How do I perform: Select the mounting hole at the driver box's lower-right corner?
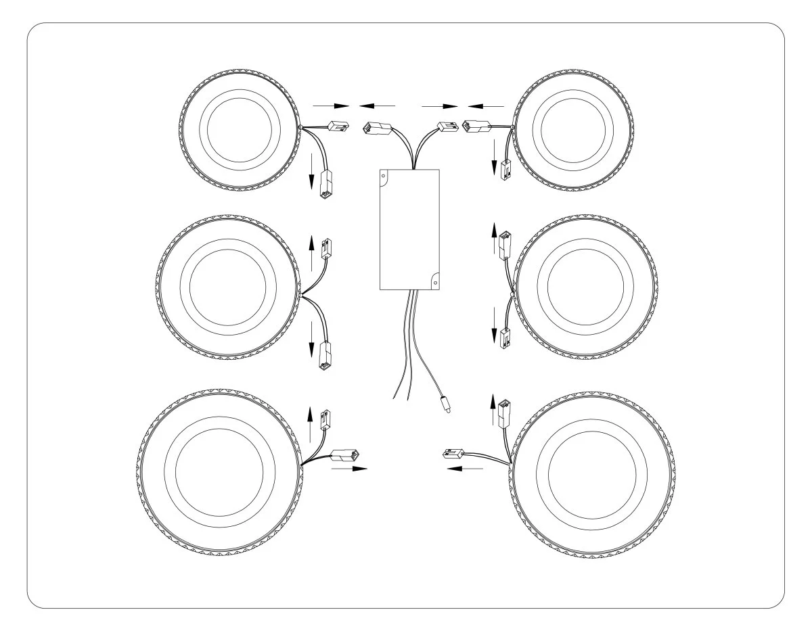pos(436,277)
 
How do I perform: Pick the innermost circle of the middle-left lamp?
pos(228,286)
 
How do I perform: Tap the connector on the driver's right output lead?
pos(447,126)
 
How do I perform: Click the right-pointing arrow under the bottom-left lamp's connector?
pos(349,467)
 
